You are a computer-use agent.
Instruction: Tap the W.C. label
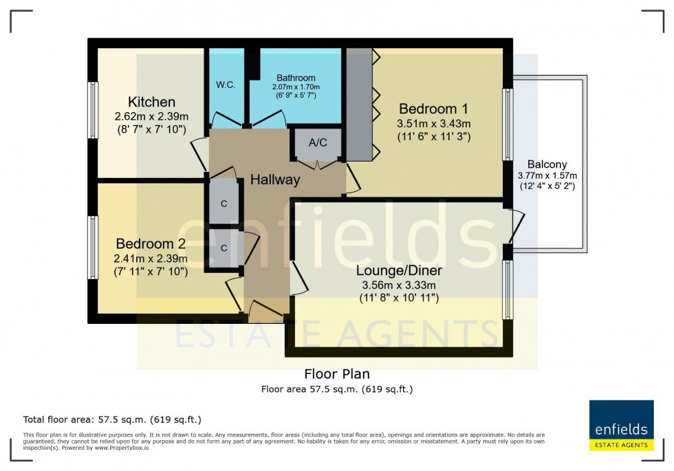tap(226, 85)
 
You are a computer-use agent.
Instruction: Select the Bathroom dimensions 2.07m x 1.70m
tap(296, 87)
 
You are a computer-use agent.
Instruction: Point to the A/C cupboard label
tap(318, 143)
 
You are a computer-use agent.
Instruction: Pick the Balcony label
tap(547, 164)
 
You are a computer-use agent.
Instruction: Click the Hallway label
tap(275, 180)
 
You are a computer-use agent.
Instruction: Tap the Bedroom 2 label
tap(151, 244)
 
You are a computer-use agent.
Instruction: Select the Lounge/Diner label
tap(398, 270)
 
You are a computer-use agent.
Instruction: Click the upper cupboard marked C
tap(224, 204)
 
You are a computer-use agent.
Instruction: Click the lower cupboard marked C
tap(224, 248)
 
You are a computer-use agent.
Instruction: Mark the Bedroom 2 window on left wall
tap(92, 248)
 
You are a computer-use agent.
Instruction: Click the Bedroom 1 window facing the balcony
tap(508, 124)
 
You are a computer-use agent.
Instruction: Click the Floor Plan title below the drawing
tap(337, 374)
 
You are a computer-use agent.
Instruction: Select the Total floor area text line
tap(112, 419)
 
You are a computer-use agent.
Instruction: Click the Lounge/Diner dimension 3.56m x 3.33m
tap(398, 285)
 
